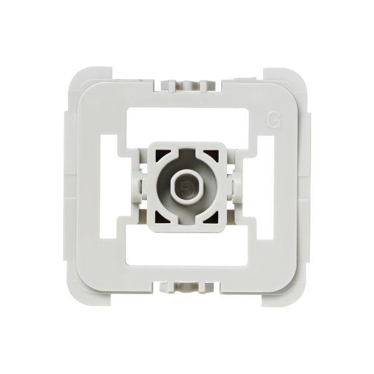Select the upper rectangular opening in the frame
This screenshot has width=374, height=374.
pos(188,128)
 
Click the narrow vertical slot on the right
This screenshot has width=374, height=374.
pos(266,187)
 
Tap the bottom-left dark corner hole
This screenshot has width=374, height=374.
pos(162,218)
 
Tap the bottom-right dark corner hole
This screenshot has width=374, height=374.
pos(212,218)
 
